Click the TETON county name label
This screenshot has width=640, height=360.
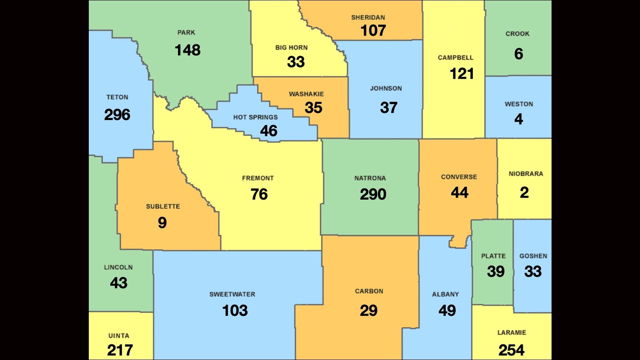(117, 97)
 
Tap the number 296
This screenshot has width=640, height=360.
(117, 115)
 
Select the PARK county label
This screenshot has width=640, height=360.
(186, 32)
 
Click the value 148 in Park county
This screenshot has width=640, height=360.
(187, 50)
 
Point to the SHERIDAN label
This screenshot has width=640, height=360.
(368, 18)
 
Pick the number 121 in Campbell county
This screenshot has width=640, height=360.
(462, 74)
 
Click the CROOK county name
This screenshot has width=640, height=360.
(517, 34)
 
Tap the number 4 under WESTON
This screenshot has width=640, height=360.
(518, 119)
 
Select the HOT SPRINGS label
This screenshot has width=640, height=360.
(255, 117)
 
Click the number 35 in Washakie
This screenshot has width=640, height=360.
(313, 108)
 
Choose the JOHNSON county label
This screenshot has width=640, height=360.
(386, 88)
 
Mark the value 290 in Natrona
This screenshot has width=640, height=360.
(373, 194)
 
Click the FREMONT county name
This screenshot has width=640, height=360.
(258, 178)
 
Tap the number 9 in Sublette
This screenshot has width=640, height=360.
(162, 222)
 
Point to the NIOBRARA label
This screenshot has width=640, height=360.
(526, 174)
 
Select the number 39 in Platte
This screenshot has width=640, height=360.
(496, 272)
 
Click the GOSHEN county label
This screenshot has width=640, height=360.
(533, 256)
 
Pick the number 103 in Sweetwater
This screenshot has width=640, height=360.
(235, 310)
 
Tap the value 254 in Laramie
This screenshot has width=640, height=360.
(511, 350)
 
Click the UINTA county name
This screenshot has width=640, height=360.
(119, 336)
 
